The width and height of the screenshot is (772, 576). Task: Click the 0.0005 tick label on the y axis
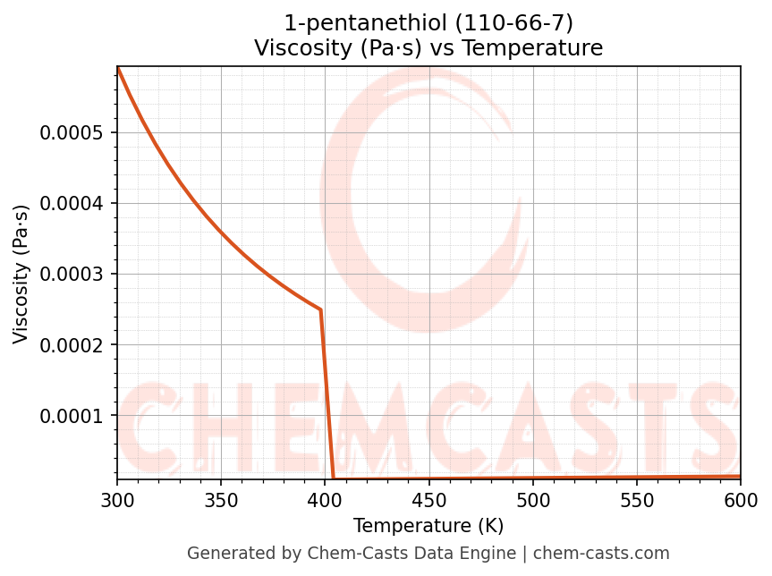(72, 133)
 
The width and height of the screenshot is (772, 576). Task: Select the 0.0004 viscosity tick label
(72, 204)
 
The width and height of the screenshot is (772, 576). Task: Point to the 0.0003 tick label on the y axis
(72, 275)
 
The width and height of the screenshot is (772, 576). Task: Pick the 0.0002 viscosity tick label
(72, 345)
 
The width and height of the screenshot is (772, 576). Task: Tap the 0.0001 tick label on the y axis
(72, 416)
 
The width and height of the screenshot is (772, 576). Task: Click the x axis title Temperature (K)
(428, 525)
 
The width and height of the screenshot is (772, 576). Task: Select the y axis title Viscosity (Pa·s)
(21, 274)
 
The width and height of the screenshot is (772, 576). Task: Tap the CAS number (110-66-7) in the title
(514, 22)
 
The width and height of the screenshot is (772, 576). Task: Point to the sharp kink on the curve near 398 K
(320, 309)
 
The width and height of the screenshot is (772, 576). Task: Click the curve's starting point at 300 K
(118, 68)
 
